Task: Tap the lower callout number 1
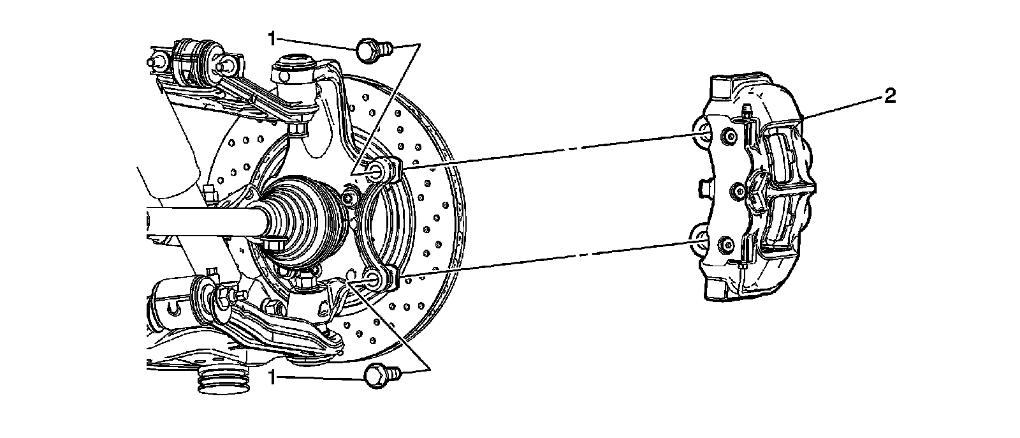pyautogui.click(x=272, y=378)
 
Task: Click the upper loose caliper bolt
pyautogui.click(x=370, y=50)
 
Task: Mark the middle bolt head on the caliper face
pyautogui.click(x=738, y=190)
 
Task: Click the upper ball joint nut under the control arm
pyautogui.click(x=298, y=130)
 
